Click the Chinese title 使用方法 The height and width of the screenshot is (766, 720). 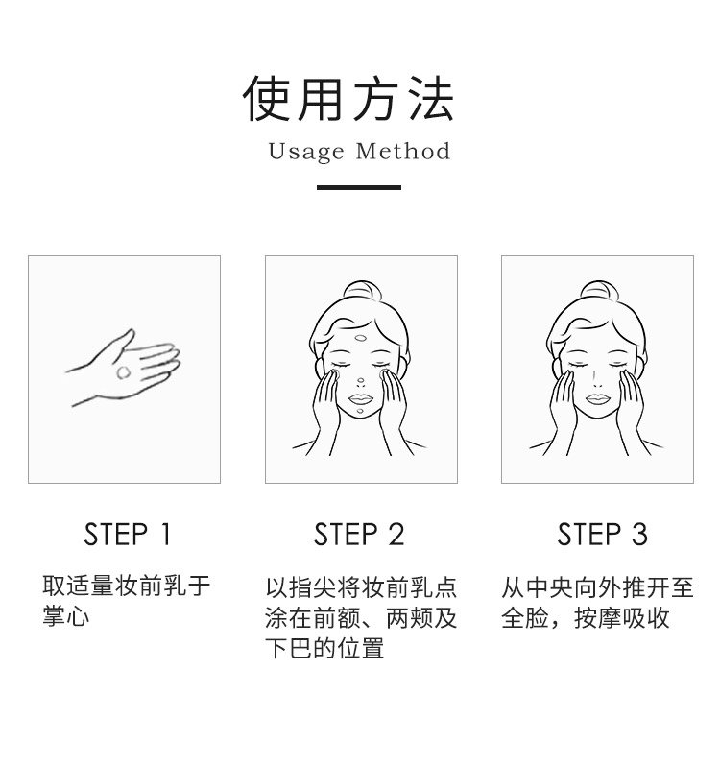coord(348,99)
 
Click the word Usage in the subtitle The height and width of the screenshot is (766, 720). coord(306,152)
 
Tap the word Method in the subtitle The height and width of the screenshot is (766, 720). coord(403,151)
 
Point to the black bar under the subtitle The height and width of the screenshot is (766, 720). coord(359,187)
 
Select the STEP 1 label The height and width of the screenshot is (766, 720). coord(127,534)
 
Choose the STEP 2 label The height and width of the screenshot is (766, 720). coord(359,534)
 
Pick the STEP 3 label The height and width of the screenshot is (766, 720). coord(602,534)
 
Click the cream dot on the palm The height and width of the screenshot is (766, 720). coord(124,372)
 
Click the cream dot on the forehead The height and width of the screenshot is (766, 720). coord(361,338)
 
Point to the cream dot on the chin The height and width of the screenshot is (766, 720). coord(360,411)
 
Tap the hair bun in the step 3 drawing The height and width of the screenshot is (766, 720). coord(598,290)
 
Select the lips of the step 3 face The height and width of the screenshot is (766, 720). coord(598,398)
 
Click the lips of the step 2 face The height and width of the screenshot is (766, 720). coord(361,398)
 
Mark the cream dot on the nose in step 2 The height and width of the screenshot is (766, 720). coord(361,381)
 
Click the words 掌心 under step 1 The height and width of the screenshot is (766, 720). coord(66,615)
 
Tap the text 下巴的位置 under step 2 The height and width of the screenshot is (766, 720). coord(324,648)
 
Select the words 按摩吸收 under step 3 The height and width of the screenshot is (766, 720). coord(621,617)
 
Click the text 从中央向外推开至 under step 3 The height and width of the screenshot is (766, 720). coord(597,586)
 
